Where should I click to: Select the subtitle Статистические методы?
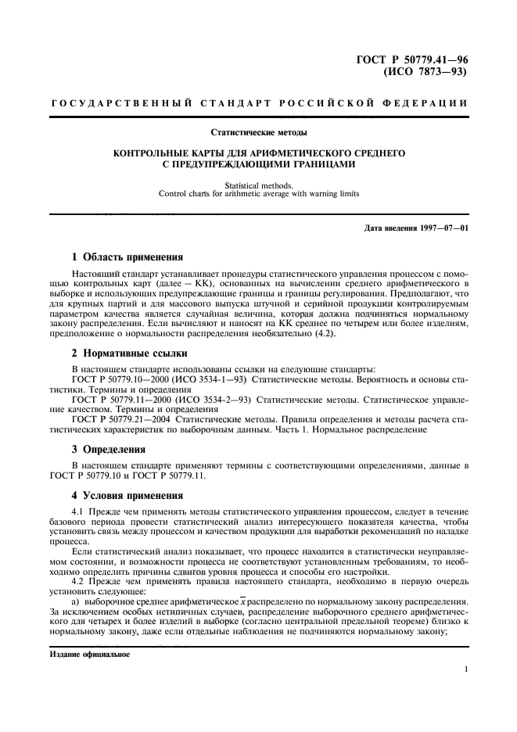pyautogui.click(x=259, y=132)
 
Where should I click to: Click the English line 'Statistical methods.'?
pyautogui.click(x=259, y=185)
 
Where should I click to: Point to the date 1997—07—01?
pyautogui.click(x=444, y=228)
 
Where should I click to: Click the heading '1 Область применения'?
pyautogui.click(x=127, y=257)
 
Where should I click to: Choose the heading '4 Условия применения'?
pyautogui.click(x=127, y=495)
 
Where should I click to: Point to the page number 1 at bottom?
pyautogui.click(x=465, y=669)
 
